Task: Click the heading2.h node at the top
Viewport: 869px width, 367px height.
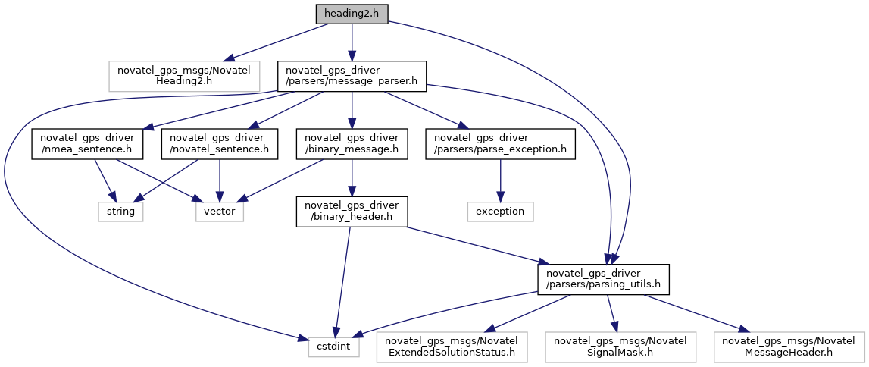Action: coord(352,14)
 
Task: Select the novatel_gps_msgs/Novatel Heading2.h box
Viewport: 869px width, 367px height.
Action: coord(183,77)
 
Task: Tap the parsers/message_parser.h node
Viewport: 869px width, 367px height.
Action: coord(352,77)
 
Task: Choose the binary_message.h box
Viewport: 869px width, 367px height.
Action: coord(352,144)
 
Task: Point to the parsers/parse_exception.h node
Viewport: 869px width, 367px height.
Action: coord(499,144)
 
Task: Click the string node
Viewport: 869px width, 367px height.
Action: coord(120,212)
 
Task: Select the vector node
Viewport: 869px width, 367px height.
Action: coord(220,212)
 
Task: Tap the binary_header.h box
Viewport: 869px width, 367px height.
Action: coord(352,212)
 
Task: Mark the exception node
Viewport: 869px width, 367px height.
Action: coord(499,212)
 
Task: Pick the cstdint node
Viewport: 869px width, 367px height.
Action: coord(333,347)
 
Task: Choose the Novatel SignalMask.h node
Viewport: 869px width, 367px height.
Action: coord(620,347)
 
